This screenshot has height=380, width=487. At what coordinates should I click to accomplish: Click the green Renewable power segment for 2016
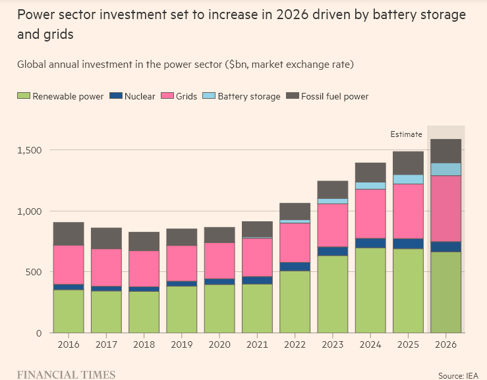coord(69,312)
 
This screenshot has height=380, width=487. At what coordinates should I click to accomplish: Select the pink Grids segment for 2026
coord(445,209)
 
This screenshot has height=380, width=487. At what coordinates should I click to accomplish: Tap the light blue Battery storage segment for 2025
coord(408,179)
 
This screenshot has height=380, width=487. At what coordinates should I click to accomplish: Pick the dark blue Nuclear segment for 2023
coord(333,252)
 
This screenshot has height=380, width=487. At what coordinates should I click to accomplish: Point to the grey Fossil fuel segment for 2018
coord(144,242)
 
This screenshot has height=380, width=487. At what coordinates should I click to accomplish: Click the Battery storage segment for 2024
coord(370,186)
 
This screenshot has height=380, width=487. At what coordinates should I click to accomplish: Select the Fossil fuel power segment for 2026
coord(445,151)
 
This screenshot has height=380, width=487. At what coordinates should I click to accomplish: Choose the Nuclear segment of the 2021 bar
coord(257,281)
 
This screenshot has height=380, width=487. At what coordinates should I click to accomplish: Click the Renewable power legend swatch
coord(24,95)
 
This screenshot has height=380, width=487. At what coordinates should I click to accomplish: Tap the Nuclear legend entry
coord(132,96)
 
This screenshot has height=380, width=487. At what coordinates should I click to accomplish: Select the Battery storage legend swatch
coord(209,95)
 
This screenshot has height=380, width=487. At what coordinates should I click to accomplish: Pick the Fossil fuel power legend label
coord(335,96)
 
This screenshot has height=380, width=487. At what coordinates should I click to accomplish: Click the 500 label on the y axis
coord(34,272)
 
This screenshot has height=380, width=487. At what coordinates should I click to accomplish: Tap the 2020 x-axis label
coord(219,344)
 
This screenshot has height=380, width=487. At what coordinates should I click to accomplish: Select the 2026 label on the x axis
coord(445,344)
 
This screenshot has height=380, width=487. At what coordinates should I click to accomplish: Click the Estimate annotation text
coord(406,134)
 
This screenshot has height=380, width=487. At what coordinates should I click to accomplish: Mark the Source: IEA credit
coord(459,375)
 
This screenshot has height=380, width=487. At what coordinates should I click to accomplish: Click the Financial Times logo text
coord(66,375)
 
